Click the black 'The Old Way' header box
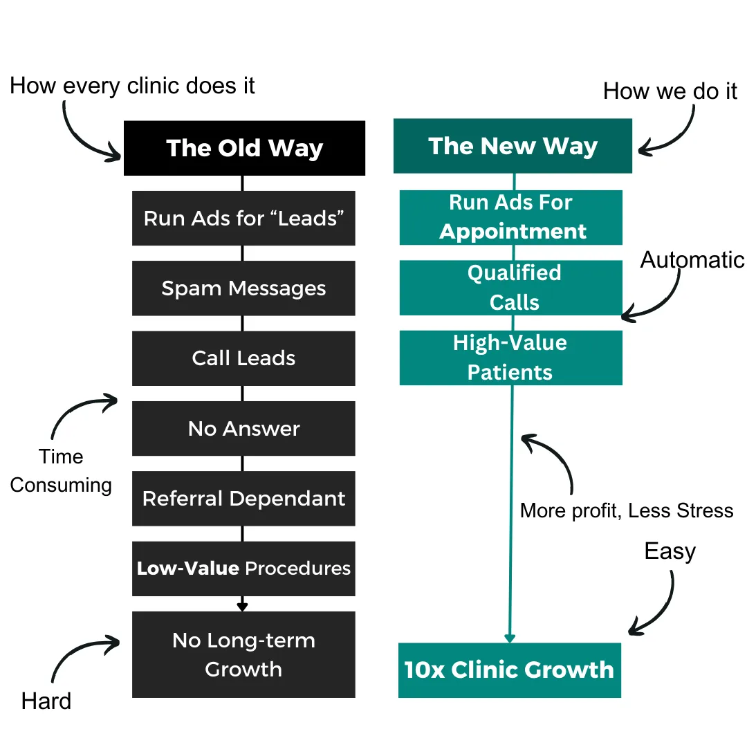244,148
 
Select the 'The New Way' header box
513,146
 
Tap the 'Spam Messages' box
243,288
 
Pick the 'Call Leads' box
243,358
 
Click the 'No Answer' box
243,429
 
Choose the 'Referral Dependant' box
243,499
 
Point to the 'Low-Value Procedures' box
243,569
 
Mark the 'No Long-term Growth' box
243,654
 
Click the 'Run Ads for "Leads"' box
243,218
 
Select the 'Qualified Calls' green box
512,288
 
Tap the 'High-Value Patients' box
510,358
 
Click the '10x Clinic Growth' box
510,670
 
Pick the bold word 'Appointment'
513,231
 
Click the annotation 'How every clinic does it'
132,86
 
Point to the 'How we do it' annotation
670,91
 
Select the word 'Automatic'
692,259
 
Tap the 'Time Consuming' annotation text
61,471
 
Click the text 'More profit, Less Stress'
626,510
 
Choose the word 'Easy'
670,551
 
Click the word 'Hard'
46,701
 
